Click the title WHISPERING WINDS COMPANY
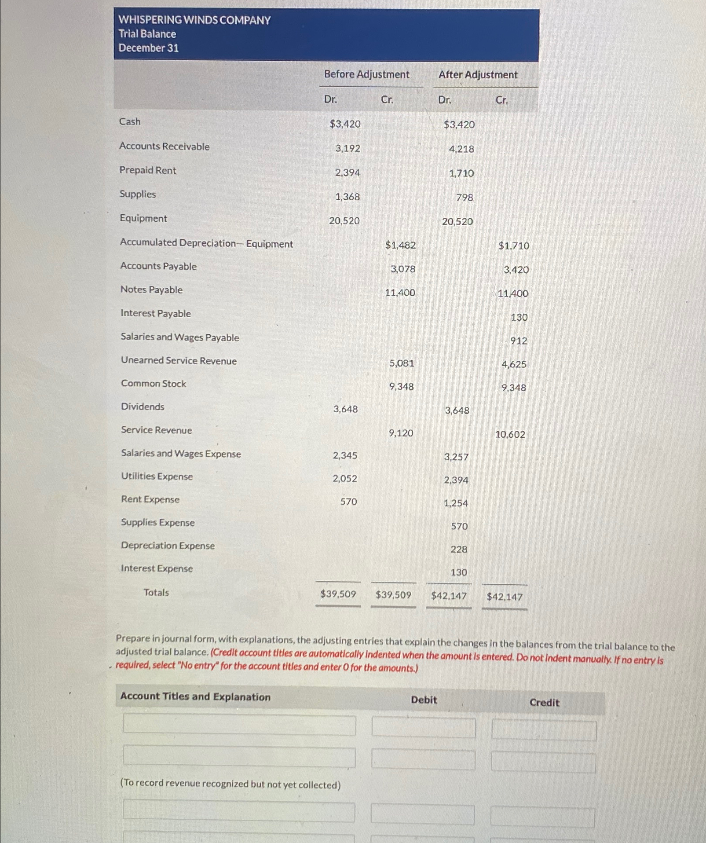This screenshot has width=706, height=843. pyautogui.click(x=194, y=20)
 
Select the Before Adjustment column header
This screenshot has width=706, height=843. pyautogui.click(x=366, y=74)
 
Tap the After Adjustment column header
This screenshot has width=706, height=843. pyautogui.click(x=478, y=75)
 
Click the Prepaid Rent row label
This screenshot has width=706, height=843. pyautogui.click(x=147, y=170)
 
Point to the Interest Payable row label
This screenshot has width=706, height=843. pyautogui.click(x=155, y=313)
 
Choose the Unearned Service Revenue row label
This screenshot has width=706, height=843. pyautogui.click(x=179, y=361)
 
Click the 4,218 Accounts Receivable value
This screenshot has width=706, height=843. pyautogui.click(x=461, y=149)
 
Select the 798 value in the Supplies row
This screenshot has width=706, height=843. pyautogui.click(x=465, y=198)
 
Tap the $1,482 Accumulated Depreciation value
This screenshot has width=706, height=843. pyautogui.click(x=400, y=245)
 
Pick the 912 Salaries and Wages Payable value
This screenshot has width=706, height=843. pyautogui.click(x=519, y=341)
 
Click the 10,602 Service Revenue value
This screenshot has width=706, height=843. pyautogui.click(x=510, y=435)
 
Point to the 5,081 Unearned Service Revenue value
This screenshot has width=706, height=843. pyautogui.click(x=401, y=363)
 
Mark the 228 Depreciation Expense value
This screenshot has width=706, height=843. pyautogui.click(x=459, y=550)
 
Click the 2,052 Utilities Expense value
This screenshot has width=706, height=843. pyautogui.click(x=344, y=479)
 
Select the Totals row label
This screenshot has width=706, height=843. pyautogui.click(x=156, y=593)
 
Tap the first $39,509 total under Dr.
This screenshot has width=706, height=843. pyautogui.click(x=338, y=594)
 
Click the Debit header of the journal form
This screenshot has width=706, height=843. pyautogui.click(x=424, y=700)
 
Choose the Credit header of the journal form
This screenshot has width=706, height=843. pyautogui.click(x=544, y=703)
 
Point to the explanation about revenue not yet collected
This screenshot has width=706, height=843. pyautogui.click(x=230, y=784)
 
